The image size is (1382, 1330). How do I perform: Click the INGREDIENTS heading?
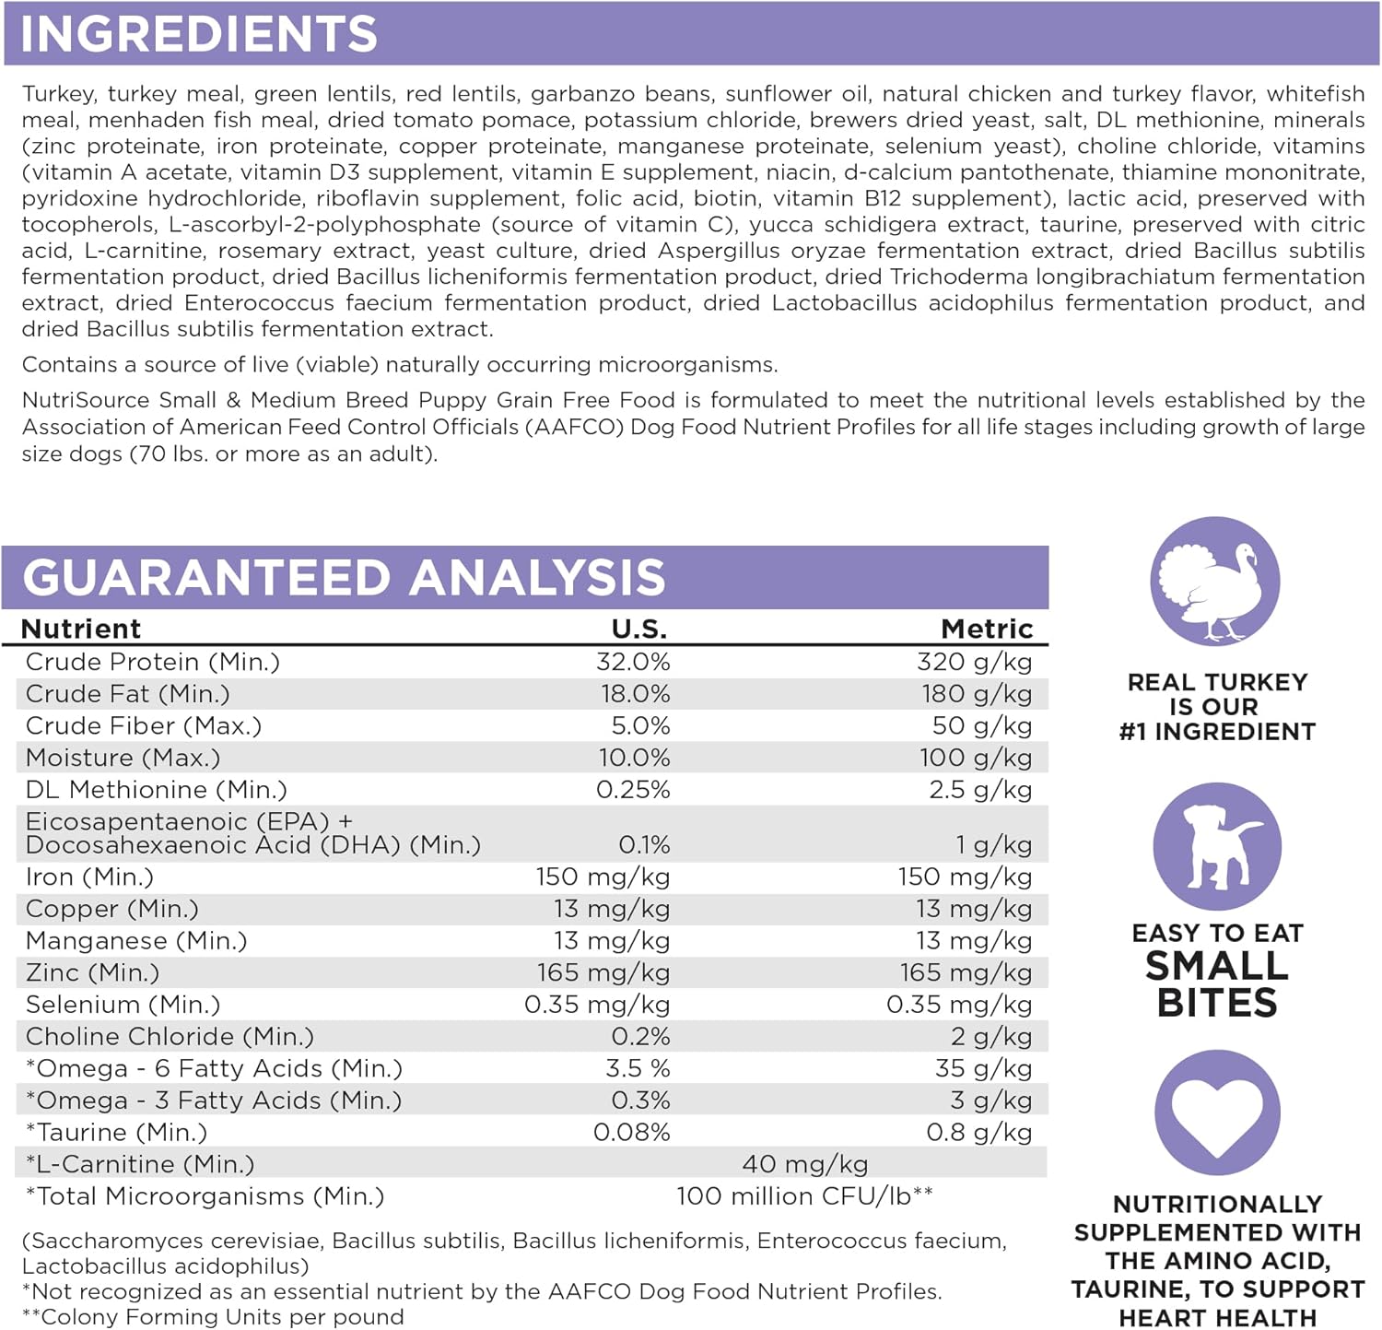(x=199, y=34)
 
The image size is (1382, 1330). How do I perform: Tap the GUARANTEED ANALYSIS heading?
(x=344, y=578)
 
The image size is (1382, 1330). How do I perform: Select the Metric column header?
(x=987, y=629)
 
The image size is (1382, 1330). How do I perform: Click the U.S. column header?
(x=639, y=629)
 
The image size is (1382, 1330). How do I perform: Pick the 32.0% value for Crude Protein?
(x=633, y=662)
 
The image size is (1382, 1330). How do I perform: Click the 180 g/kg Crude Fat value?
(x=977, y=694)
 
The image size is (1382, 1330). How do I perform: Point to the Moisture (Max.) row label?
(x=123, y=758)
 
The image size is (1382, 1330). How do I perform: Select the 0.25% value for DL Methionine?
(x=633, y=790)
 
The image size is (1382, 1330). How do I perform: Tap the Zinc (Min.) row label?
(x=93, y=972)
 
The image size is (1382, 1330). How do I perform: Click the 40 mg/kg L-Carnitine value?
(x=805, y=1164)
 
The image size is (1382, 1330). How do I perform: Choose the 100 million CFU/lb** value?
(x=804, y=1196)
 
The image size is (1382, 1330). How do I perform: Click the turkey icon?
(x=1215, y=582)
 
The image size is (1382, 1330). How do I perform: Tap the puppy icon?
(x=1216, y=847)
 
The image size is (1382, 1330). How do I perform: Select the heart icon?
(x=1217, y=1112)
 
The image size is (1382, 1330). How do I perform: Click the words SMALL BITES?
(x=1217, y=984)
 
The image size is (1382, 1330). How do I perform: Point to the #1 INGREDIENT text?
(x=1217, y=732)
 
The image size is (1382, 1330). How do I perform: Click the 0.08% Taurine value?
(x=632, y=1132)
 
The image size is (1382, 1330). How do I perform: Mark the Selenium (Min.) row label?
(x=123, y=1005)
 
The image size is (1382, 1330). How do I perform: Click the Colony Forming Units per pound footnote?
(x=214, y=1317)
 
